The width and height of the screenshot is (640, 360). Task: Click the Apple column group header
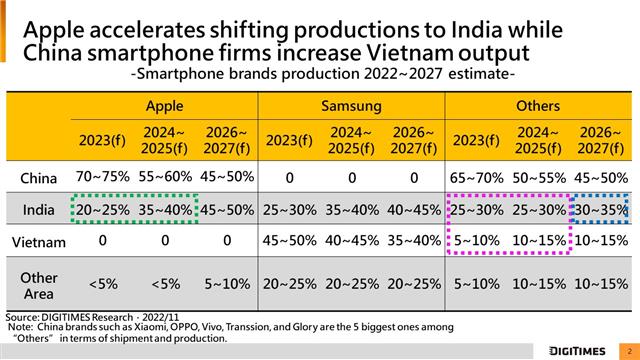click(164, 106)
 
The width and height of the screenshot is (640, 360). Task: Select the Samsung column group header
click(351, 106)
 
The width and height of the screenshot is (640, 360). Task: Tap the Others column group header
click(538, 106)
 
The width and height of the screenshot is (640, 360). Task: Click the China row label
click(38, 178)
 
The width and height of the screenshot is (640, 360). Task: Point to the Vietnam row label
click(39, 242)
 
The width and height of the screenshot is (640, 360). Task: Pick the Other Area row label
click(39, 285)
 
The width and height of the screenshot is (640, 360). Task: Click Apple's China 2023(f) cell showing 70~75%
click(102, 177)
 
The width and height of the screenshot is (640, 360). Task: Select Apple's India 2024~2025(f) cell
click(165, 210)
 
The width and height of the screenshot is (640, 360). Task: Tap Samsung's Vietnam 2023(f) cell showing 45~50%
click(289, 240)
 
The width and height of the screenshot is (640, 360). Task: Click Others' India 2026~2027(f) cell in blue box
click(601, 210)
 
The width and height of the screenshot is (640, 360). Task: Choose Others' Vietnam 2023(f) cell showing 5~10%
click(476, 240)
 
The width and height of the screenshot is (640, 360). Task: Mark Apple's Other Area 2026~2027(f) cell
click(227, 284)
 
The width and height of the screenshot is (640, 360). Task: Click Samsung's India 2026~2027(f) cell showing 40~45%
click(414, 210)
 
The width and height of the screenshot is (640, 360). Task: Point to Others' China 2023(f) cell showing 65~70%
click(476, 178)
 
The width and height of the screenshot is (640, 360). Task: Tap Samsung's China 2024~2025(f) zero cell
click(352, 178)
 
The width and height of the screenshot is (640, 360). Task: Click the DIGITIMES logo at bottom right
click(577, 351)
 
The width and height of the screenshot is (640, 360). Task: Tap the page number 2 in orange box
click(629, 351)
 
